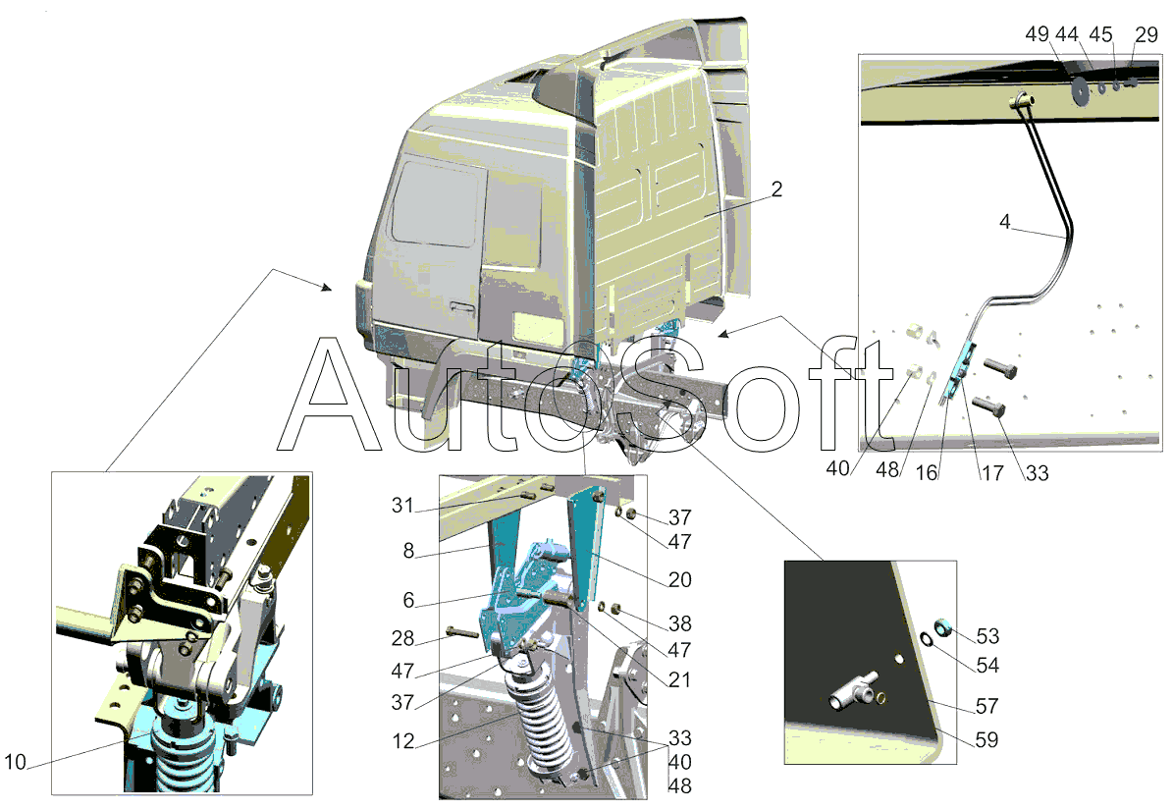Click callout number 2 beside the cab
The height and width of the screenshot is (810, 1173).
point(776,189)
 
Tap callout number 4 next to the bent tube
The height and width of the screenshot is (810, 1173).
point(1005,221)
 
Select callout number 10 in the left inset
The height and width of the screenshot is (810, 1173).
point(15,762)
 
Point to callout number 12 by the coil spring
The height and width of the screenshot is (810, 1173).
point(403,740)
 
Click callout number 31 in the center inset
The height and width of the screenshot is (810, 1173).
point(402,506)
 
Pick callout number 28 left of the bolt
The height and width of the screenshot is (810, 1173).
point(402,638)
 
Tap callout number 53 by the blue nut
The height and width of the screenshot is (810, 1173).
point(987,636)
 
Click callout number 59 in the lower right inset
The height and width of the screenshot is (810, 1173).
point(986,739)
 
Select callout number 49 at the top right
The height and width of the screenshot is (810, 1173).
point(1037,34)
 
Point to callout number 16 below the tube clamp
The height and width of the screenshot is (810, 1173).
point(927,472)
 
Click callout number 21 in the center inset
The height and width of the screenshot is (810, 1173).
point(679,679)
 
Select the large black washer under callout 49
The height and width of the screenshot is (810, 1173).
point(1080,89)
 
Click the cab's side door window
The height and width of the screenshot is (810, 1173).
point(436,203)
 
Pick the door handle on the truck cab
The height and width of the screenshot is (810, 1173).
point(462,307)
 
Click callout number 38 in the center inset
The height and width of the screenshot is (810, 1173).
point(679,623)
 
